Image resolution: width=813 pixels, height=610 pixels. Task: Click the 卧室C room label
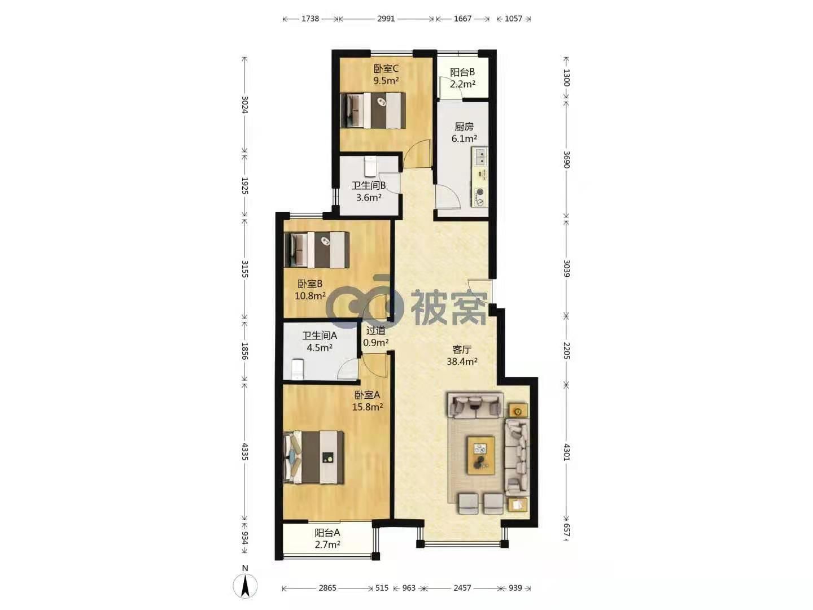click(x=386, y=68)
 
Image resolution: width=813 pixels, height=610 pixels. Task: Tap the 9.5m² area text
click(x=386, y=80)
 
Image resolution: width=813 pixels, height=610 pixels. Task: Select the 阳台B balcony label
click(x=462, y=72)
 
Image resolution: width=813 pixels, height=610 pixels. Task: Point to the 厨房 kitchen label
click(x=464, y=127)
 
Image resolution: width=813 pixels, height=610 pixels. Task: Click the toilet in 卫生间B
click(x=370, y=167)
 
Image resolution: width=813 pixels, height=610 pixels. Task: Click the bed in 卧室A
click(x=313, y=457)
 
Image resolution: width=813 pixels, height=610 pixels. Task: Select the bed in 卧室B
click(x=317, y=250)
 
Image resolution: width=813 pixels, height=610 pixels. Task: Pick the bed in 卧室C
click(x=373, y=110)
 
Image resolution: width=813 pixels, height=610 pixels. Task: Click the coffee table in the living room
click(x=481, y=455)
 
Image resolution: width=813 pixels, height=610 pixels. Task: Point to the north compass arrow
click(x=245, y=587)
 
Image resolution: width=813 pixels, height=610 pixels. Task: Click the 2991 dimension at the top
click(x=386, y=19)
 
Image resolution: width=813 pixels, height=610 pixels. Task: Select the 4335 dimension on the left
click(x=244, y=451)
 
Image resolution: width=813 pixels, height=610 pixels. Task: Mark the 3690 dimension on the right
click(x=566, y=160)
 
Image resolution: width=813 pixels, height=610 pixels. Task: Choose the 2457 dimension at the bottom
click(x=462, y=588)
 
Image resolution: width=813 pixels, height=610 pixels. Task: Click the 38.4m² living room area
click(x=462, y=361)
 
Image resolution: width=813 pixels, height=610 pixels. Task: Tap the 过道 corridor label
click(x=375, y=330)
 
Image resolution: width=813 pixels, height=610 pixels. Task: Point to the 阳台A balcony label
click(x=327, y=533)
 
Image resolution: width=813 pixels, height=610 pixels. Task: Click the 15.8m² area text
click(x=368, y=407)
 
